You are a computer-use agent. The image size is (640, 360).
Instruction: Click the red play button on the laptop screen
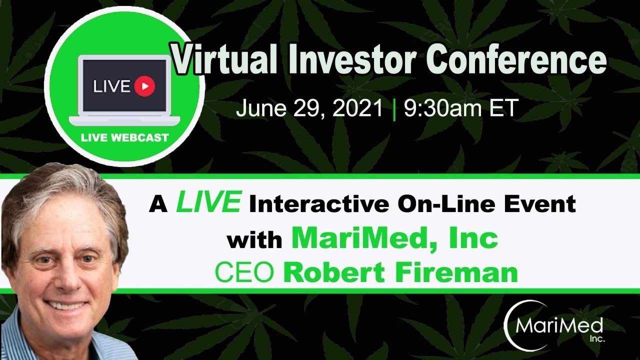[144, 86]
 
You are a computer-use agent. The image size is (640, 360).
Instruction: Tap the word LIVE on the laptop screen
[111, 86]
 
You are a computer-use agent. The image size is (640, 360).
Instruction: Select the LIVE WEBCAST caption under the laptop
[125, 137]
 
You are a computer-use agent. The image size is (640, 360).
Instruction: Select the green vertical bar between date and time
[394, 109]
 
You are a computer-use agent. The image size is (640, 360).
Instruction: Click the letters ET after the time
[503, 108]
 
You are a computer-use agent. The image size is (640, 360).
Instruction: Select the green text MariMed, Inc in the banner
[394, 238]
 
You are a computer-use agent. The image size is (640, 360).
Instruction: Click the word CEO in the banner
[244, 273]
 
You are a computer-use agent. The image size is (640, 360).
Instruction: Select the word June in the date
[261, 108]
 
